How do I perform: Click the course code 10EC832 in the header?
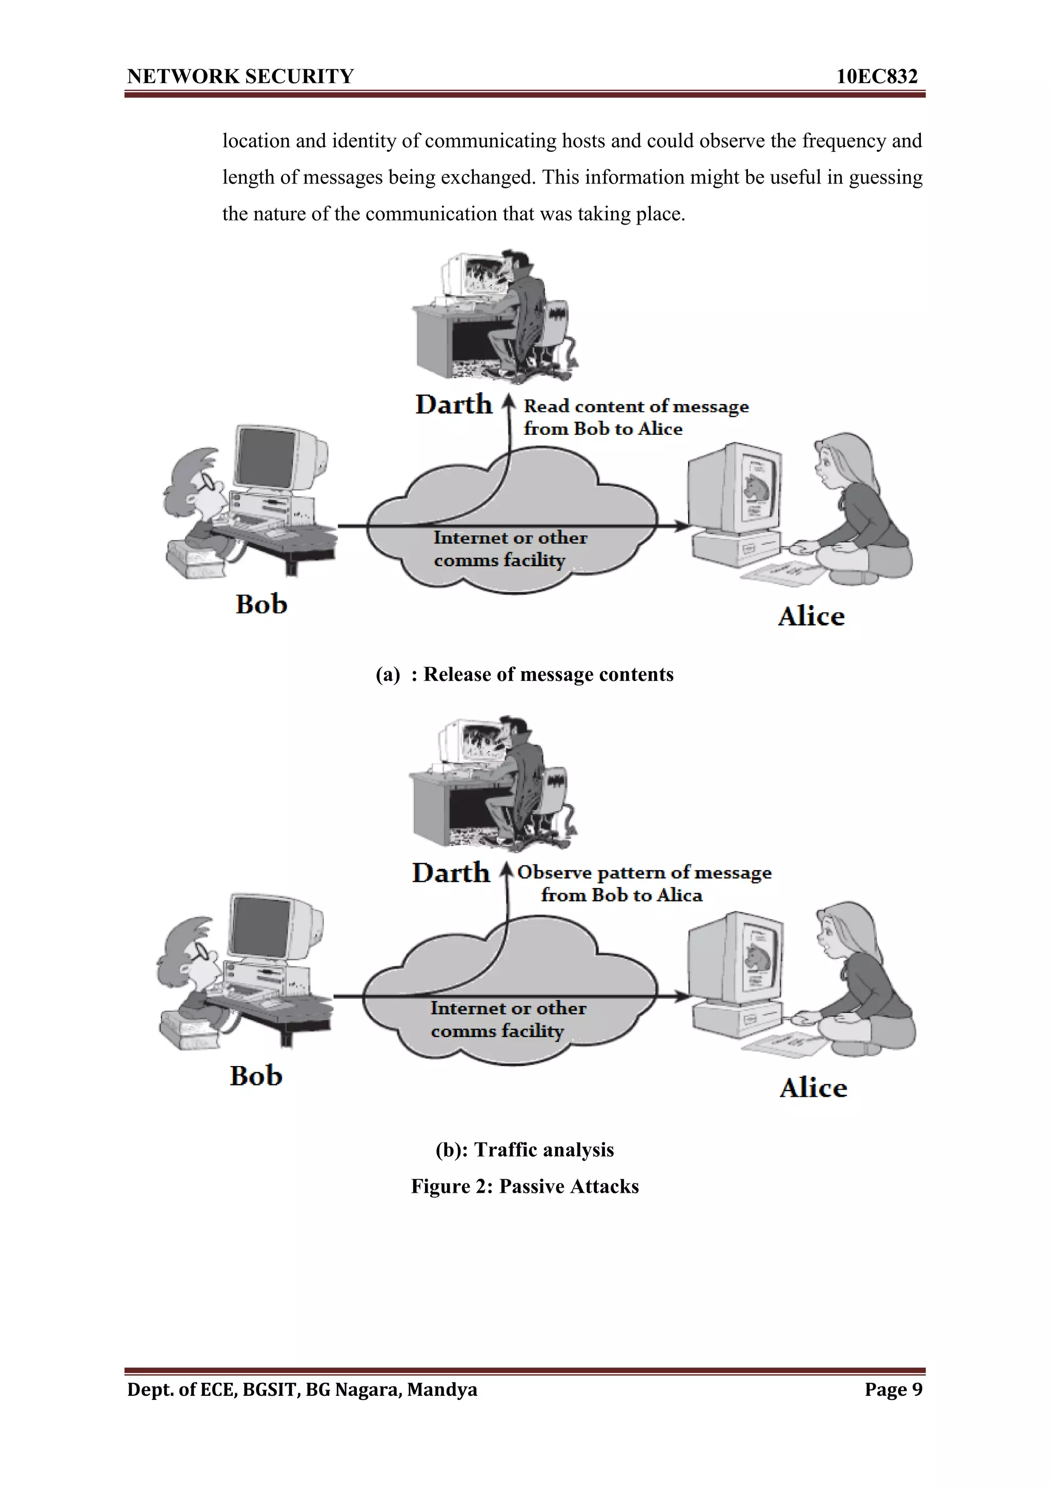tap(877, 76)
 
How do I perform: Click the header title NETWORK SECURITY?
tap(240, 76)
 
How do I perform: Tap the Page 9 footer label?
tap(894, 1389)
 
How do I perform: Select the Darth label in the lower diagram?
tap(451, 873)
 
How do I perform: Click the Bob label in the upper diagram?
tap(261, 605)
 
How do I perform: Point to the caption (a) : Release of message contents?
tap(524, 674)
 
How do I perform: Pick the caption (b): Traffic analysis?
tap(524, 1150)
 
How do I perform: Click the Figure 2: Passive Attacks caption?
tap(524, 1187)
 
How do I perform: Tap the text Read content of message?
tap(636, 407)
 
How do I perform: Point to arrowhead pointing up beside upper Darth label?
tap(509, 403)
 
